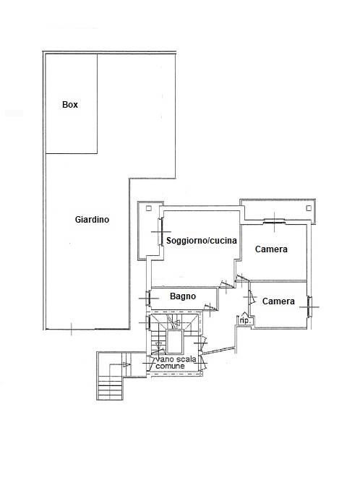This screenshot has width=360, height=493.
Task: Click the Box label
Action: click(70, 105)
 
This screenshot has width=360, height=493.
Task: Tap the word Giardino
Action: click(92, 220)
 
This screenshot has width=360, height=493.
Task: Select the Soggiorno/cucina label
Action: click(201, 241)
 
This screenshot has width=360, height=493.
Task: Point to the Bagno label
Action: click(183, 296)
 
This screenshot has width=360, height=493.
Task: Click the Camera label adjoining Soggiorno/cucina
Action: click(271, 249)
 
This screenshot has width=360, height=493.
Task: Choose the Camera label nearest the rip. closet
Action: click(278, 301)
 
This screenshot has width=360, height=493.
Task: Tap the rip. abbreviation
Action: click(245, 321)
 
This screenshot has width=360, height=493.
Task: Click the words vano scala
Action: click(176, 359)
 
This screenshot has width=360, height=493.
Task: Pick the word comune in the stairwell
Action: click(170, 366)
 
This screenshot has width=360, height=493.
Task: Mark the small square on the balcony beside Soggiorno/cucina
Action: click(149, 208)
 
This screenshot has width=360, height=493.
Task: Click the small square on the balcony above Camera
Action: click(309, 208)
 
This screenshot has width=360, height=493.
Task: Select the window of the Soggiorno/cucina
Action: click(160, 232)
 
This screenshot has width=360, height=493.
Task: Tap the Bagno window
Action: click(147, 298)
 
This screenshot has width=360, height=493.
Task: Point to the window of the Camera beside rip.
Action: click(309, 306)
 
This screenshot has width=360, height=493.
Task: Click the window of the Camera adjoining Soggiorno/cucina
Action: click(274, 222)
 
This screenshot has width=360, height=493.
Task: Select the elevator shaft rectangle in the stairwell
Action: click(174, 342)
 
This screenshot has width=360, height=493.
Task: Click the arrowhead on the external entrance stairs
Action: click(127, 365)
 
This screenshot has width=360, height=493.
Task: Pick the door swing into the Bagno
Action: click(211, 306)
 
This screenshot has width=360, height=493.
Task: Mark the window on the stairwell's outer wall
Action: click(147, 322)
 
